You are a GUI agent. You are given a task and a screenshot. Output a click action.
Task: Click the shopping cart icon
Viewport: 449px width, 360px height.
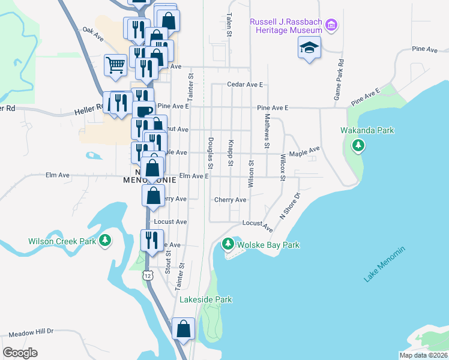[115, 65]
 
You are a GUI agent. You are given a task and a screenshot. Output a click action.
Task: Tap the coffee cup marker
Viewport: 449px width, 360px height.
[142, 112]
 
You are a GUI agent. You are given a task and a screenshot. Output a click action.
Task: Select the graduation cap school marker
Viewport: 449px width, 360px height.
[309, 47]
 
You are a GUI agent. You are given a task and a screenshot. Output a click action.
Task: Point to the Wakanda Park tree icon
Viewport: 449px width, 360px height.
[358, 145]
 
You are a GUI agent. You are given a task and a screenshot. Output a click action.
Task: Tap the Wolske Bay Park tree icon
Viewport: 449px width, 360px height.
[228, 244]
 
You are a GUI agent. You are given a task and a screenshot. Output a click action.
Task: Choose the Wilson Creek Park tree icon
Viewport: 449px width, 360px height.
[106, 241]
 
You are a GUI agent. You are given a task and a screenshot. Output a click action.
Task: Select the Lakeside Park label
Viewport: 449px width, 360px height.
[208, 299]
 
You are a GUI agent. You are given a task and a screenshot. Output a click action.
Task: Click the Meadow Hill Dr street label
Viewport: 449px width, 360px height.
[31, 331]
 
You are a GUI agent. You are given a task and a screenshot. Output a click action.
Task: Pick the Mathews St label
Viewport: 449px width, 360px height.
[265, 131]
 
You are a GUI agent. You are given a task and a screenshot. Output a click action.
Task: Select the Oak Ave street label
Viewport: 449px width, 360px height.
[93, 33]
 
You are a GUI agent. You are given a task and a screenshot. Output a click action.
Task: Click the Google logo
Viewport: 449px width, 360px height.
[20, 352]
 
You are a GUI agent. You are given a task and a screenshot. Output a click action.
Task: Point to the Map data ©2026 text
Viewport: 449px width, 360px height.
[423, 355]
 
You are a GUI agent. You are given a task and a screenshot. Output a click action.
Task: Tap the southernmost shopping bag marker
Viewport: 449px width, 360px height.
[183, 329]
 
